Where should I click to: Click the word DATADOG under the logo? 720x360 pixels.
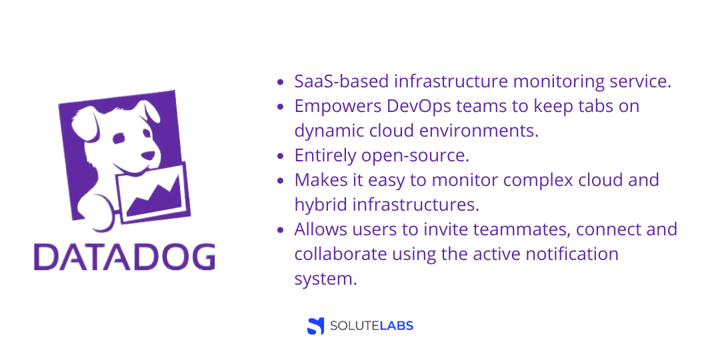pos(124,257)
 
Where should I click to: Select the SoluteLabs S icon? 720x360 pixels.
pos(315,325)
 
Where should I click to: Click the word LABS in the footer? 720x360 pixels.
pos(395,326)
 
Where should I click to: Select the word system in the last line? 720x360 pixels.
pos(325,279)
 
